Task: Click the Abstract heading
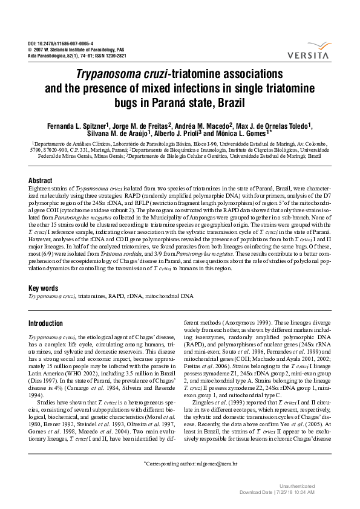(41, 181)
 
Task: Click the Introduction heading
(46, 323)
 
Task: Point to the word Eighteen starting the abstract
(40, 190)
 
